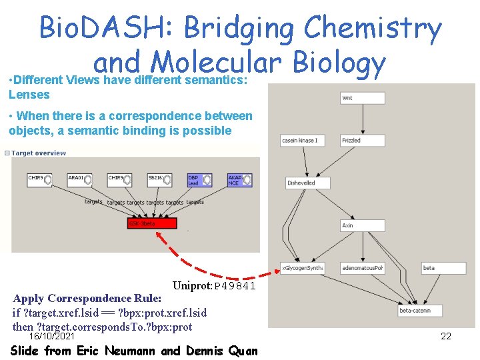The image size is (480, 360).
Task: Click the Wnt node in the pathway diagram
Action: pos(363,98)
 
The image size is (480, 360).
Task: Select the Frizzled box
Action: pos(363,141)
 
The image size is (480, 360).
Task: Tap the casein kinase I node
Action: pos(301,141)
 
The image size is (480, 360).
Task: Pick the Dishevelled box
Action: pos(301,183)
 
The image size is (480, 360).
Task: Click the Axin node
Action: pos(363,225)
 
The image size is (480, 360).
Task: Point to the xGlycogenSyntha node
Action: pos(302,268)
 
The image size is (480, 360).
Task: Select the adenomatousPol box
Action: pos(363,268)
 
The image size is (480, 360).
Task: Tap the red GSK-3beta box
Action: pos(151,223)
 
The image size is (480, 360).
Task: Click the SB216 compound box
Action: pos(159,179)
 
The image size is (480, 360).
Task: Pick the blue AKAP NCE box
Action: pos(239,180)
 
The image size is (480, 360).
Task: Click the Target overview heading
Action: pos(38,153)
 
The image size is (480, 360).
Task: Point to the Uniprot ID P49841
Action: pos(213,286)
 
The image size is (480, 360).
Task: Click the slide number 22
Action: pos(446,336)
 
